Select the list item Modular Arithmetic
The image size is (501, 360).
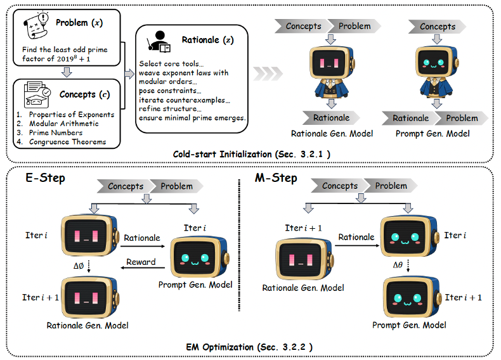coord(56,124)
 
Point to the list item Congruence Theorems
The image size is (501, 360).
coord(61,141)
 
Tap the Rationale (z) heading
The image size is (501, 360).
coord(203,40)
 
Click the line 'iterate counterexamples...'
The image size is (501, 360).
coord(185,100)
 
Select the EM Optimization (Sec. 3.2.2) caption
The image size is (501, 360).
coord(249,347)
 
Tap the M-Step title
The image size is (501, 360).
coord(277,178)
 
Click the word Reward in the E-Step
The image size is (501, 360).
coord(140,262)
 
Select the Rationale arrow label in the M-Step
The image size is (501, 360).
coord(356,236)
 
